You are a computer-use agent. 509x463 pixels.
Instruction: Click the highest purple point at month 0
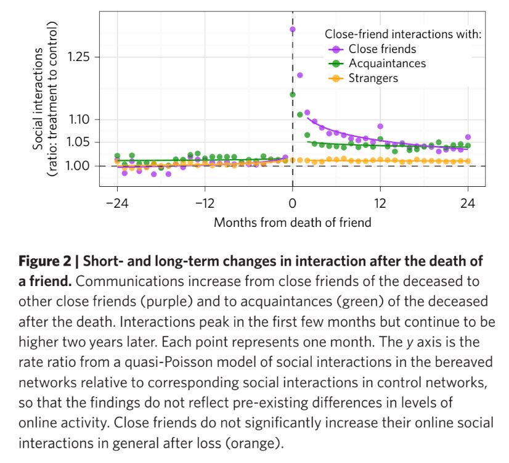point(293,29)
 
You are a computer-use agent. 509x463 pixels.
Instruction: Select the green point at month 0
point(293,94)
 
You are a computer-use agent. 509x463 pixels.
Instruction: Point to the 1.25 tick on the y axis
point(79,57)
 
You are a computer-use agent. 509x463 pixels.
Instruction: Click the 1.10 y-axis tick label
point(79,120)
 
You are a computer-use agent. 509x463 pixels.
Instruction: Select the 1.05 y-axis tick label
point(79,142)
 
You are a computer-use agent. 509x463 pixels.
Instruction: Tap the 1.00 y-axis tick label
point(79,166)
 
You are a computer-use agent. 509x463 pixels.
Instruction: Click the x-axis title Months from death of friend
point(292,222)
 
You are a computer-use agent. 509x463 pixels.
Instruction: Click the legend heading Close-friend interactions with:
point(402,34)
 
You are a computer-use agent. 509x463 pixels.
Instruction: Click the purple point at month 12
point(380,126)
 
